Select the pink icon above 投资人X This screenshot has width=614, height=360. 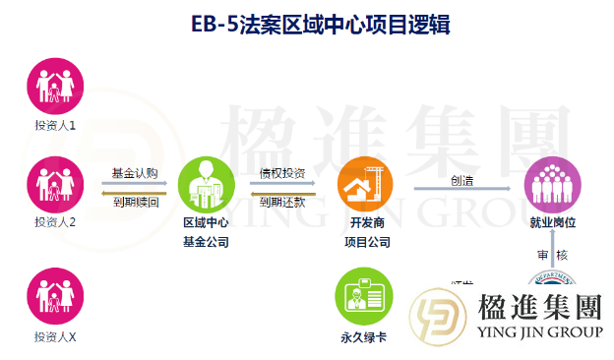55,294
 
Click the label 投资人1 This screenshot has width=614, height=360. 55,127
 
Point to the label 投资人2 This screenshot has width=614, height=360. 55,222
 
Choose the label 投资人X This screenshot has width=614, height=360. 55,337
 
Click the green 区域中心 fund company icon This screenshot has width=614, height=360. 205,184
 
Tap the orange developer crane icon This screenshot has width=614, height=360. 363,185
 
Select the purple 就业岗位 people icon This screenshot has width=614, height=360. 551,184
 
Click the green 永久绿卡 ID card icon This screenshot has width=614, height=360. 361,295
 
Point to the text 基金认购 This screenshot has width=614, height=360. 135,173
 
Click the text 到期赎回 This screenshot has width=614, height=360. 135,200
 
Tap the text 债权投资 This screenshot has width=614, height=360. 282,173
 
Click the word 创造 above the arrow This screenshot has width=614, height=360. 462,180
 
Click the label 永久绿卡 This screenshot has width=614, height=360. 361,337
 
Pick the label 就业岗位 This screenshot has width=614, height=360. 551,223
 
